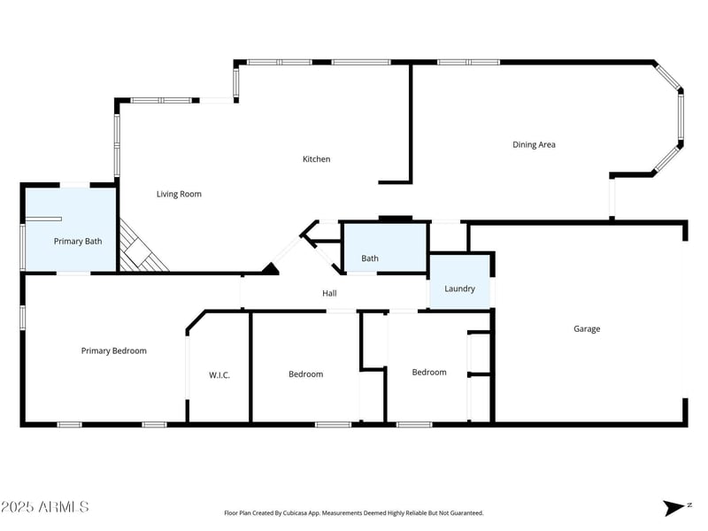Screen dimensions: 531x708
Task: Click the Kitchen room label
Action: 316,159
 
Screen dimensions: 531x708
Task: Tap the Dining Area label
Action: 534,144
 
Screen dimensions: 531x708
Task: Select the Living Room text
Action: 179,194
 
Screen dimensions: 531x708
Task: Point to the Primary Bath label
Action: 78,241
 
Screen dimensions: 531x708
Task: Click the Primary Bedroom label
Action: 113,350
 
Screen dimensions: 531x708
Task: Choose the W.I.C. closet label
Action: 219,375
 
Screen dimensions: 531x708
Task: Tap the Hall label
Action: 328,293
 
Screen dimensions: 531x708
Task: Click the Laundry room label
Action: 459,289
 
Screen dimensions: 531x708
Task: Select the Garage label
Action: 586,328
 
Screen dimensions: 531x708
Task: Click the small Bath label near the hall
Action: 369,258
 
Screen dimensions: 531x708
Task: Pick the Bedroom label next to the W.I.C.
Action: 305,374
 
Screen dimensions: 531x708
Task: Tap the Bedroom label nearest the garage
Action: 428,372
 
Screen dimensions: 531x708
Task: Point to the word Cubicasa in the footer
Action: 301,513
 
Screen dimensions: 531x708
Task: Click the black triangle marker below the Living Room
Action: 269,268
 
